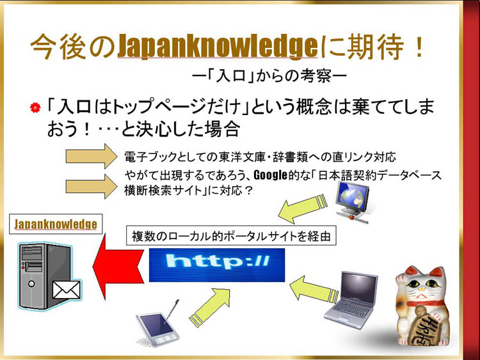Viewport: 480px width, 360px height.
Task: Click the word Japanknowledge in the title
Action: point(218,47)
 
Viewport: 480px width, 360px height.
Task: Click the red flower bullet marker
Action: point(35,107)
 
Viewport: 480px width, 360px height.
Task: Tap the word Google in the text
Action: point(271,175)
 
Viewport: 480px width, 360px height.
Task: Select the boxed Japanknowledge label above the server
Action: point(56,224)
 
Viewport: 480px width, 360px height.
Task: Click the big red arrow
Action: point(118,267)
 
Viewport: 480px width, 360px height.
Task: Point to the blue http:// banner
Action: point(217,265)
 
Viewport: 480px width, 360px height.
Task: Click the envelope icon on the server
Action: point(66,290)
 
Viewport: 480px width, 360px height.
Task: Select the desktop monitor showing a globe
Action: point(352,202)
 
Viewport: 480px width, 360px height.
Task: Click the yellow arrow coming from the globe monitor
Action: point(303,208)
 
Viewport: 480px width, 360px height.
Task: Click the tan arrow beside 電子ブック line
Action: point(92,156)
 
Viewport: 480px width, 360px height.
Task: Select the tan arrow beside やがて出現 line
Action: point(92,186)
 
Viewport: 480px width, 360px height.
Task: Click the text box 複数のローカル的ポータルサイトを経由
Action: point(231,236)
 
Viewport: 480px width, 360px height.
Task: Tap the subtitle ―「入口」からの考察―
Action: point(269,75)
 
